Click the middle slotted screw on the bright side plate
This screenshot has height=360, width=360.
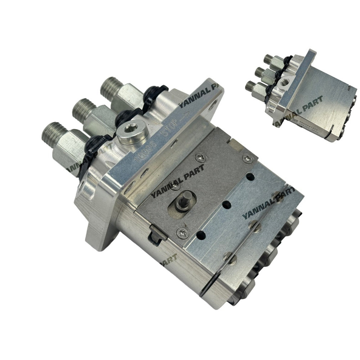click(254, 226)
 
